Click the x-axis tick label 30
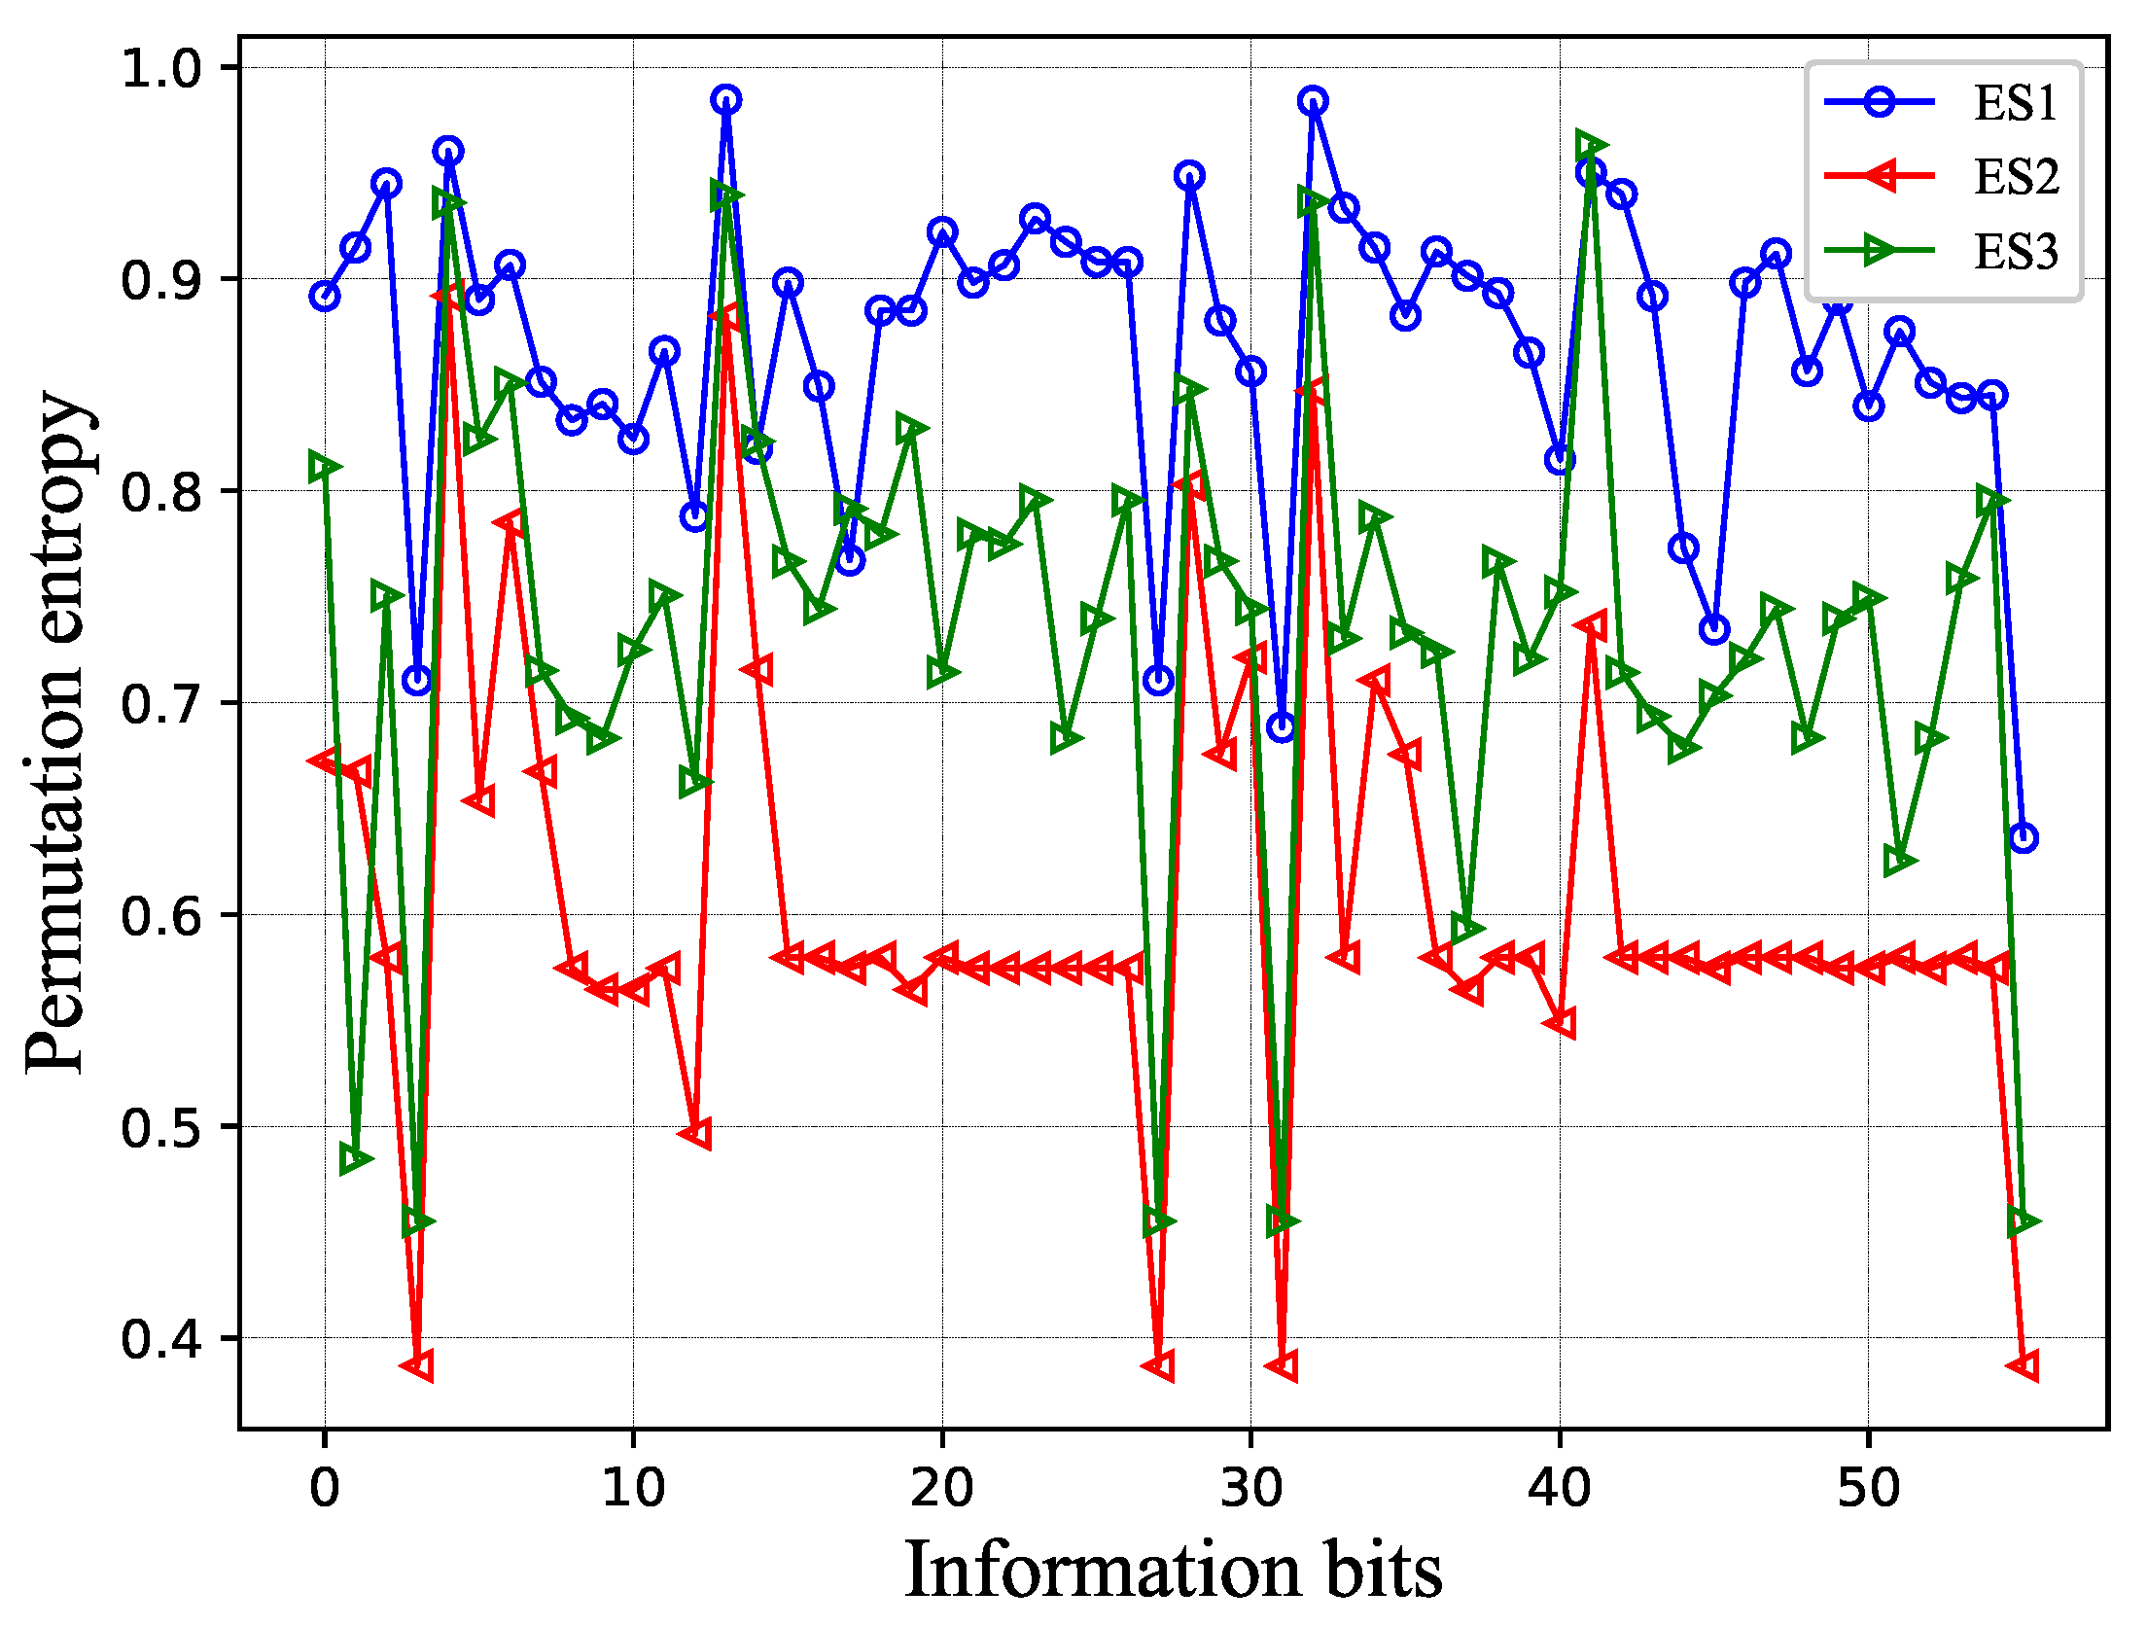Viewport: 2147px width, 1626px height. pyautogui.click(x=1250, y=1488)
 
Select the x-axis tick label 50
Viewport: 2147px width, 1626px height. pyautogui.click(x=1868, y=1488)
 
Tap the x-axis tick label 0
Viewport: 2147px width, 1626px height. pyautogui.click(x=325, y=1488)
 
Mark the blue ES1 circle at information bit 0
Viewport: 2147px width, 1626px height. pyautogui.click(x=325, y=296)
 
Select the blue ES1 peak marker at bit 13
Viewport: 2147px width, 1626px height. pyautogui.click(x=725, y=99)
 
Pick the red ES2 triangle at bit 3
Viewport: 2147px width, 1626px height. pyautogui.click(x=417, y=1365)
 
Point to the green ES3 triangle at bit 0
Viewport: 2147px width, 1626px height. pyautogui.click(x=325, y=467)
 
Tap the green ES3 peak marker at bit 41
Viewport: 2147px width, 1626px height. pyautogui.click(x=1591, y=146)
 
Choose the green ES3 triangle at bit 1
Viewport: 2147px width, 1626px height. pyautogui.click(x=356, y=1159)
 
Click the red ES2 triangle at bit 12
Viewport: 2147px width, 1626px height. pyautogui.click(x=695, y=1134)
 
